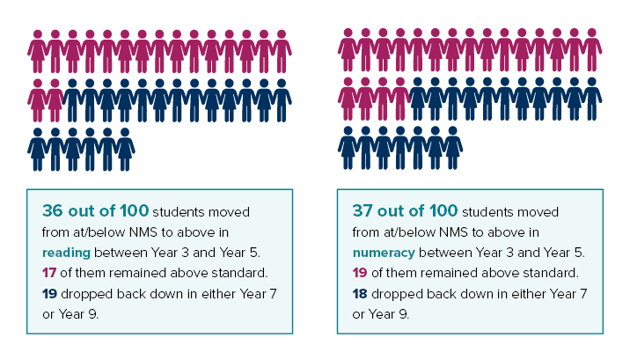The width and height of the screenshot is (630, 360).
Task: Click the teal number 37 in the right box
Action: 363,210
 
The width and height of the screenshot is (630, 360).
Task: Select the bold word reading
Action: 66,253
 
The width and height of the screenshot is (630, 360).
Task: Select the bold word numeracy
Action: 384,253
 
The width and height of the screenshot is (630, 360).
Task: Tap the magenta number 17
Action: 49,273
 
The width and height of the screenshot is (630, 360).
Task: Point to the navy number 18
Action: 360,294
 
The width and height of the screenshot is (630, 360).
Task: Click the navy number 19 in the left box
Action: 49,294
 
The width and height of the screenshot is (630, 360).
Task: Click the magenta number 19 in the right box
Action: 360,273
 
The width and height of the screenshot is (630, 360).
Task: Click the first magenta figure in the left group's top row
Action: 37,51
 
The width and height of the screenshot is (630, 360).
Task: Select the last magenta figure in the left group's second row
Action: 55,100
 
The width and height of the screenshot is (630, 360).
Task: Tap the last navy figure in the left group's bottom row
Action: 125,150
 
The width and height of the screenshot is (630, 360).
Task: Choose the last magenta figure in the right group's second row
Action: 400,99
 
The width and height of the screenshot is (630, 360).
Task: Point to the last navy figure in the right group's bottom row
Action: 453,148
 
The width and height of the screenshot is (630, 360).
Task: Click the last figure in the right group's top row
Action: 592,50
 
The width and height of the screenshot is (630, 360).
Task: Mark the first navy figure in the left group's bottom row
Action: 37,150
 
